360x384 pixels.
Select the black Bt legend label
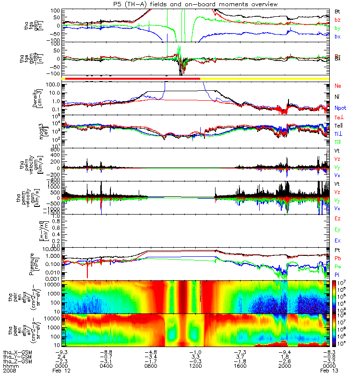click(x=337, y=11)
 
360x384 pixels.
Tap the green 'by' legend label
click(x=337, y=28)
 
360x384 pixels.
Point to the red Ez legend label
click(x=337, y=218)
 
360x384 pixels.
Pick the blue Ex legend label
click(x=337, y=240)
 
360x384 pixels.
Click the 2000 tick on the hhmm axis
click(x=285, y=365)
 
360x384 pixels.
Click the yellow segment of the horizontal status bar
click(x=264, y=78)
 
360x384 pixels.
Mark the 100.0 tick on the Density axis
click(x=53, y=84)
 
